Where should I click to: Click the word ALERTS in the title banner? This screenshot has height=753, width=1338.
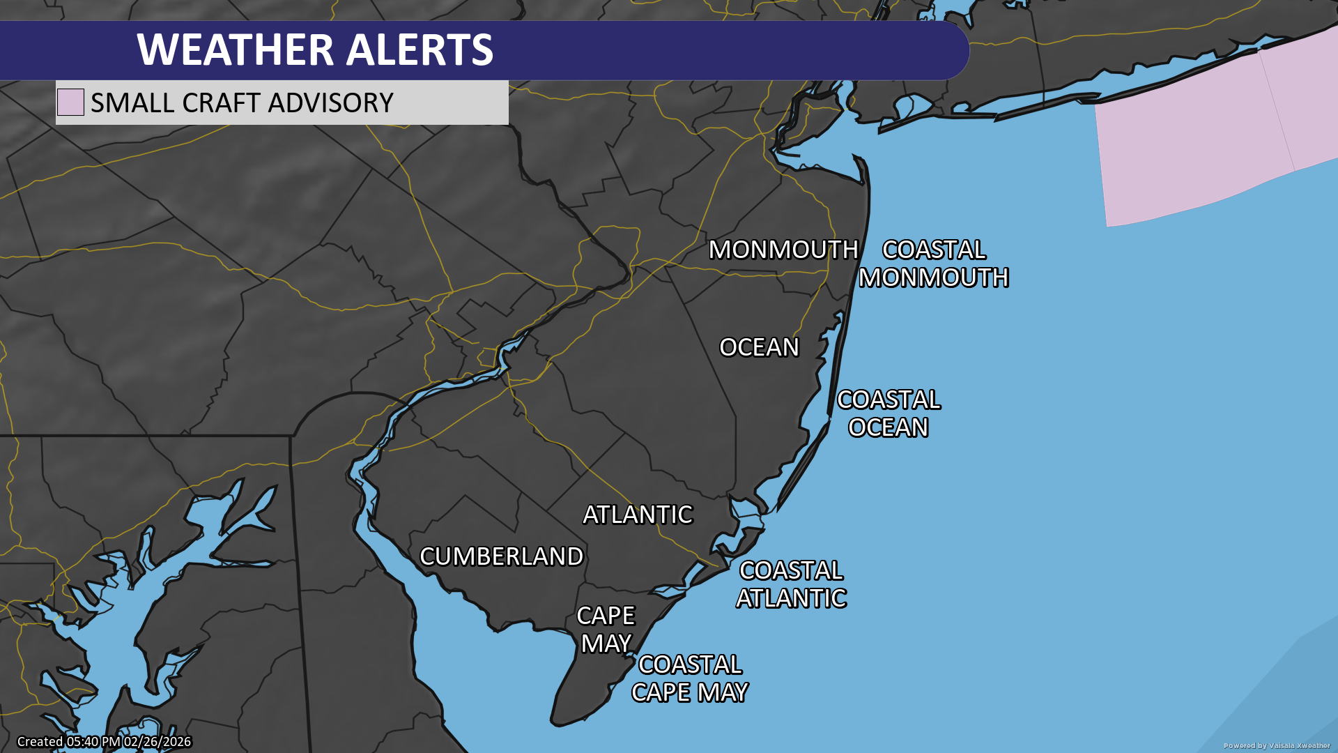click(x=420, y=50)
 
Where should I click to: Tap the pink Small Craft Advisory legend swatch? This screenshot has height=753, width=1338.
click(x=70, y=102)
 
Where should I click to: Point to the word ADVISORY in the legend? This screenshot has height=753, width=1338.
click(x=331, y=103)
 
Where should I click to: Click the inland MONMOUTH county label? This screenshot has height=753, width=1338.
click(x=783, y=250)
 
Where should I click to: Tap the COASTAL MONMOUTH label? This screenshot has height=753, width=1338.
click(x=933, y=264)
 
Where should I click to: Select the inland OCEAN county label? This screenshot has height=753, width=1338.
click(x=759, y=347)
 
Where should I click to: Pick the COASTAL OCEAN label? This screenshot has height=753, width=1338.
click(x=889, y=413)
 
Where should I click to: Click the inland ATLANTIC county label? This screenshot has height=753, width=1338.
click(x=638, y=515)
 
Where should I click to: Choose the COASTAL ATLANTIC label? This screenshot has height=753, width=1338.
click(x=791, y=584)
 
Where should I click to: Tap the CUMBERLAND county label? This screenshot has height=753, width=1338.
click(x=501, y=556)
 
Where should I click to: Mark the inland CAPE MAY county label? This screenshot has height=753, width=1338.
click(x=606, y=630)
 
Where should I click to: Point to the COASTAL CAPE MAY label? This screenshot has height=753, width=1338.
click(x=689, y=678)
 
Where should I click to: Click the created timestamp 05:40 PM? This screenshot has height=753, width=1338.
click(x=94, y=742)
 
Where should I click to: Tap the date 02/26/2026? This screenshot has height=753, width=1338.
click(x=157, y=742)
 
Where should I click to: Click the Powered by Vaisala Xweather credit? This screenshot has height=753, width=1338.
click(x=1277, y=745)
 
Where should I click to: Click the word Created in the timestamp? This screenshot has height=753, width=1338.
click(x=40, y=742)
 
